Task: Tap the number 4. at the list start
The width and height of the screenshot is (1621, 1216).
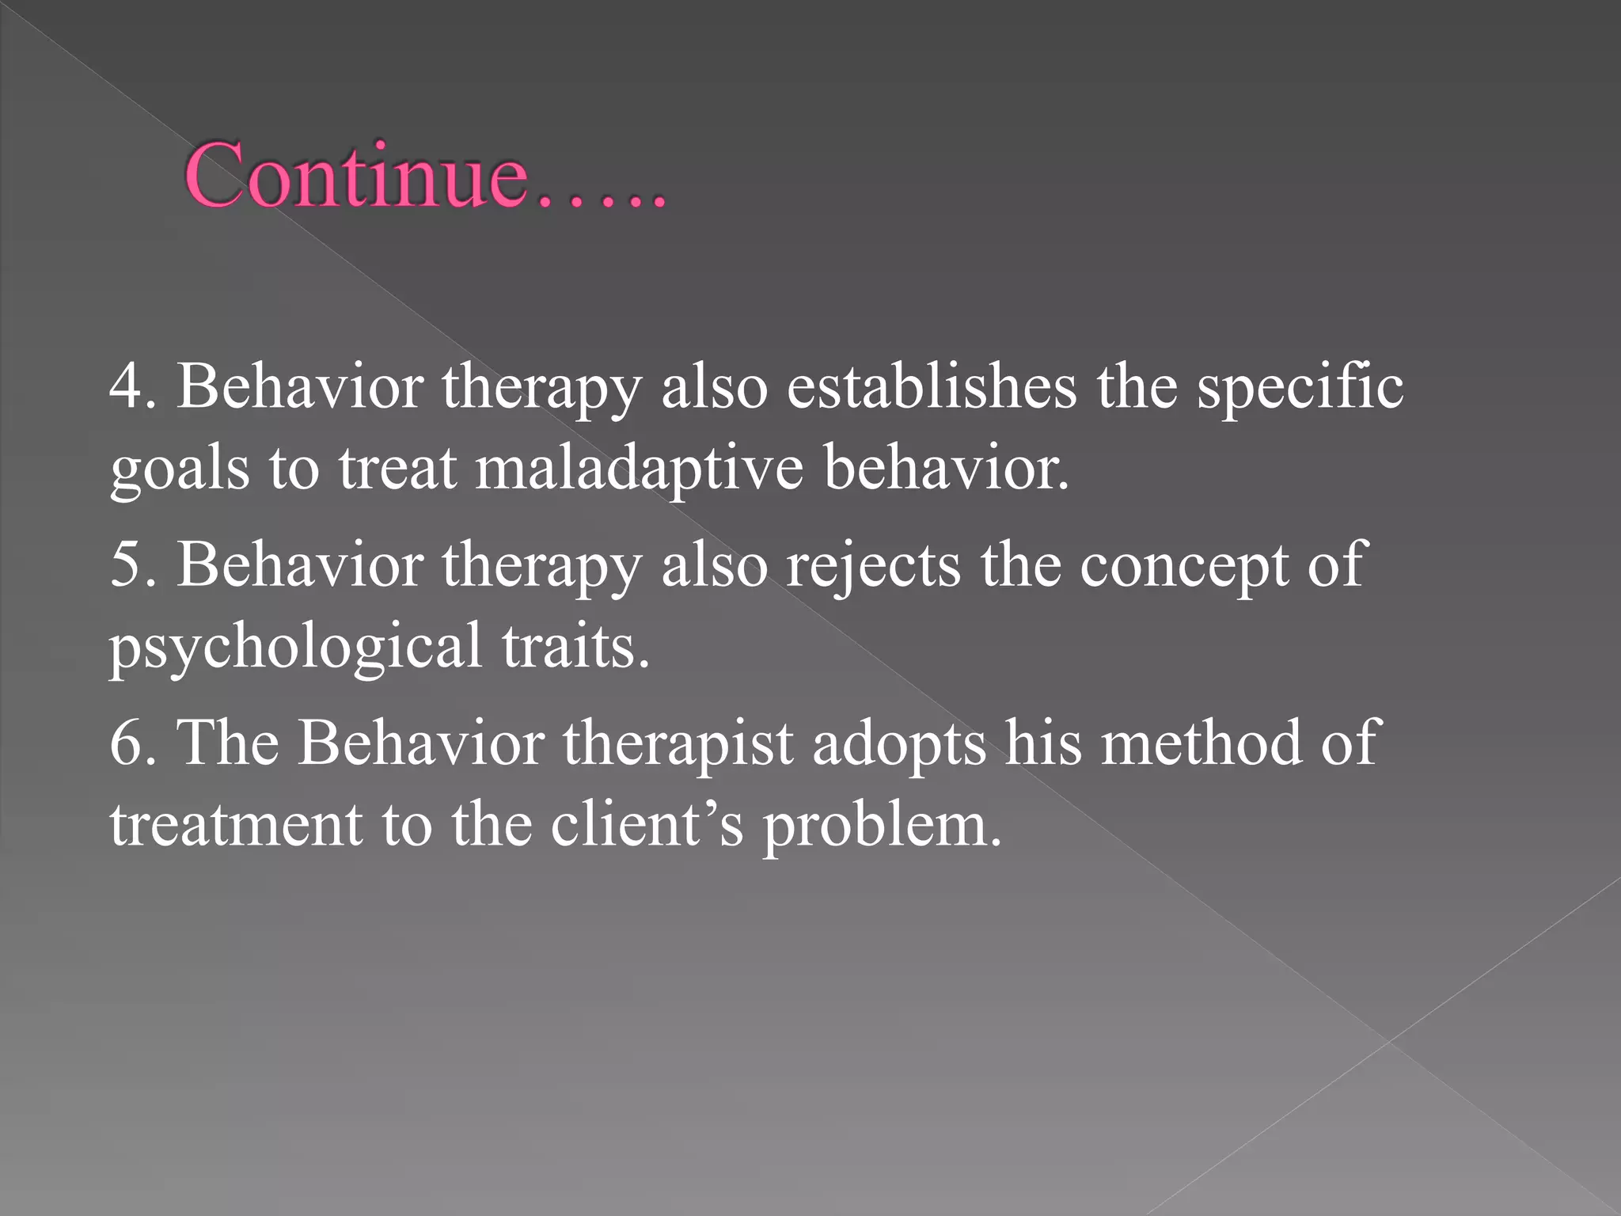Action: tap(131, 387)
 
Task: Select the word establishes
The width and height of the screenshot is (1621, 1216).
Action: tap(931, 387)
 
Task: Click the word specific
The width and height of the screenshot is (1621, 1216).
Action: tap(1300, 387)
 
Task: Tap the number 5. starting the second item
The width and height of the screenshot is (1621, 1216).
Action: tap(131, 565)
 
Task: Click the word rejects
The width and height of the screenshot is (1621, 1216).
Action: tap(873, 565)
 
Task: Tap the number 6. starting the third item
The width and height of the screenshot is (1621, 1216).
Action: tap(131, 743)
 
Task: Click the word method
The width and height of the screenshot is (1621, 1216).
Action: tap(1201, 743)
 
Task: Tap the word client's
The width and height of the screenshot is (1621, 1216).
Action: tap(647, 824)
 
